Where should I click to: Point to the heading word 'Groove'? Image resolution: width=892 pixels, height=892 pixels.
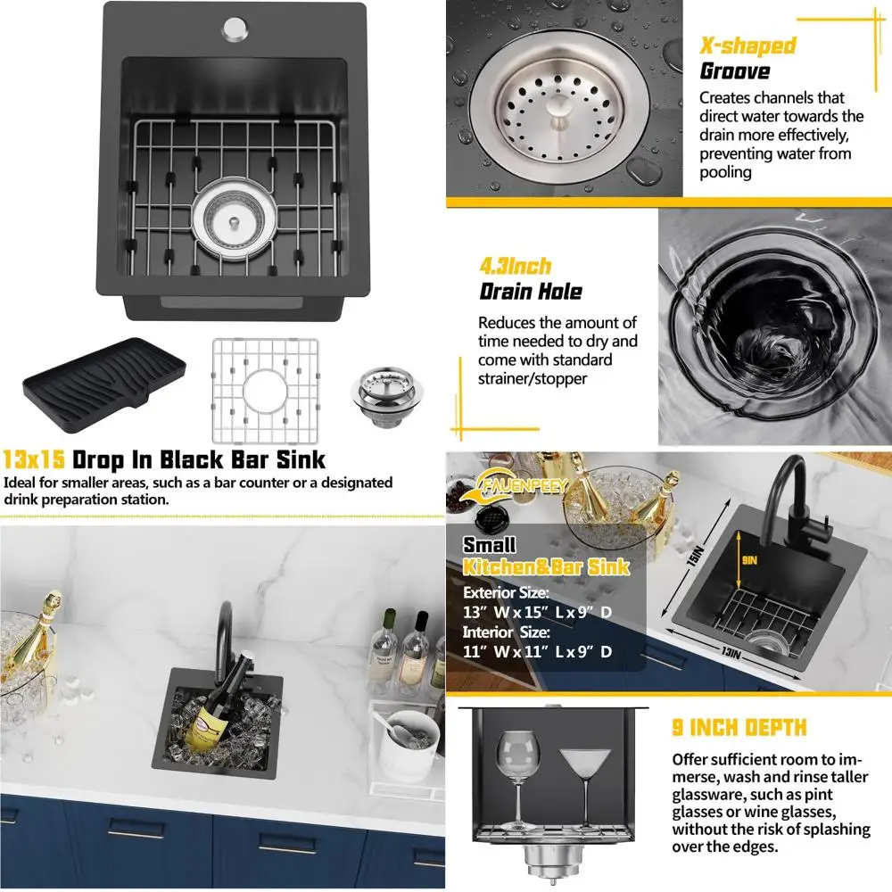coord(734,70)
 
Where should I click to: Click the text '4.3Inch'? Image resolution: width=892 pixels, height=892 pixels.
coord(516,266)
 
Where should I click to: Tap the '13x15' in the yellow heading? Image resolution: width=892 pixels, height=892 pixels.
coord(34,460)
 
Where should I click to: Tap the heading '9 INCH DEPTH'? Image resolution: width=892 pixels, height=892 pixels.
coord(739,728)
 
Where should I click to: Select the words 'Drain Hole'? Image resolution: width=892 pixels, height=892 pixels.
coord(531,292)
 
